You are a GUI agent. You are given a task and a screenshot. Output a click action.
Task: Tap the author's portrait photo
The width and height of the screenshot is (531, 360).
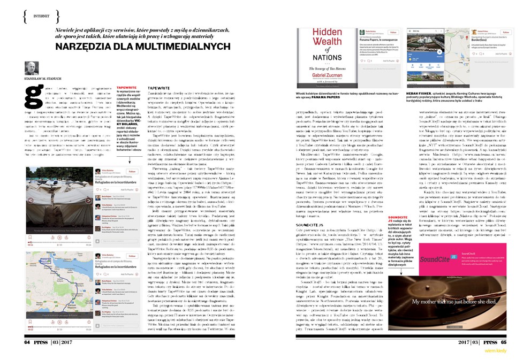pos(32,67)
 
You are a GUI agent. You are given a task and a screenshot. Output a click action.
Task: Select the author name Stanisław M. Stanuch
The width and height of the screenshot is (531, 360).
pos(44,79)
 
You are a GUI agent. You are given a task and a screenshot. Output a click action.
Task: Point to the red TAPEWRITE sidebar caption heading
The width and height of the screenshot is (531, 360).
pos(126,86)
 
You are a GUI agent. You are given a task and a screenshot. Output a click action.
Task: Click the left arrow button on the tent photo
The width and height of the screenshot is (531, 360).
pos(30,202)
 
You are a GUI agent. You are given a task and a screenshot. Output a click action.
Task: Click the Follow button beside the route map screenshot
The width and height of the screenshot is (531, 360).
pos(132,257)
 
